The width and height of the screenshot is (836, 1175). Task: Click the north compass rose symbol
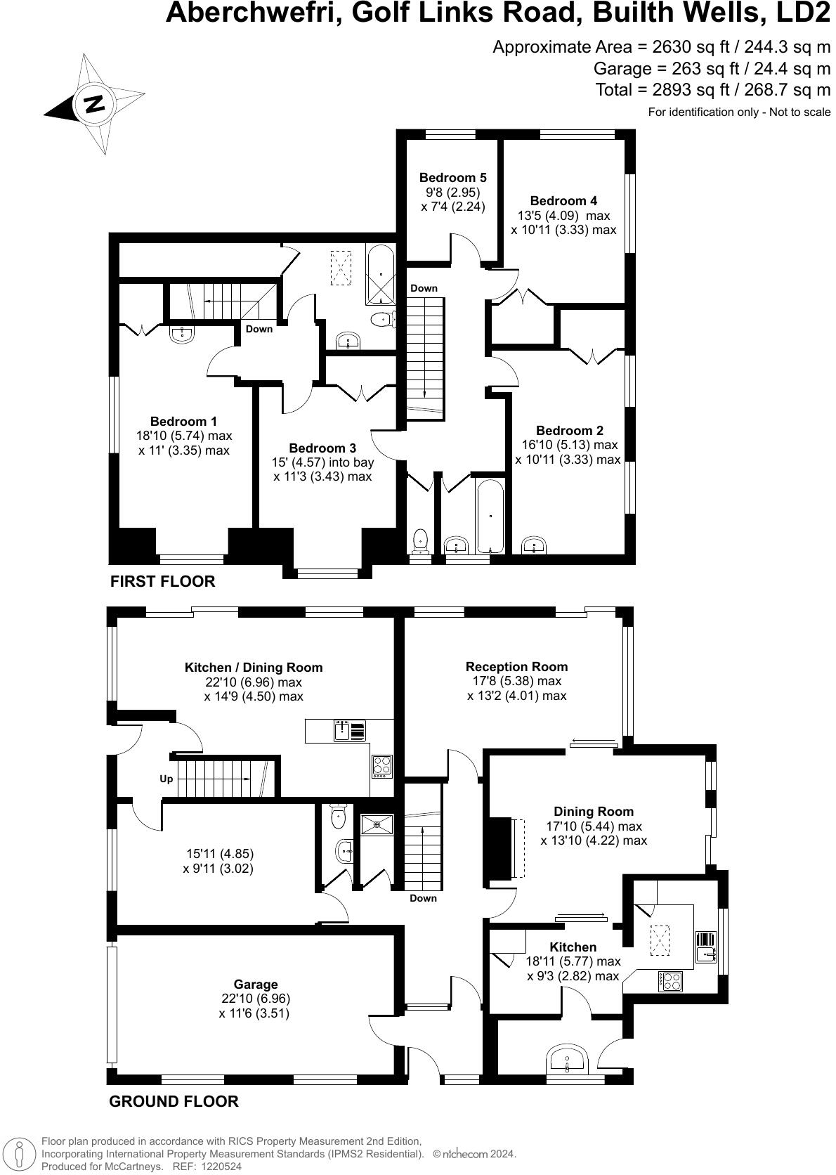tap(94, 104)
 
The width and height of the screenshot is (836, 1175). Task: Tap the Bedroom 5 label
tap(452, 178)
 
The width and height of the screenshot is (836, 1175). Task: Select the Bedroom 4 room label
tap(563, 201)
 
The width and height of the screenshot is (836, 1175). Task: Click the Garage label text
tap(256, 985)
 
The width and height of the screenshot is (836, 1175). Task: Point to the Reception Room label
tap(516, 666)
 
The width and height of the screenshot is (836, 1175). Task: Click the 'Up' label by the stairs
tap(166, 779)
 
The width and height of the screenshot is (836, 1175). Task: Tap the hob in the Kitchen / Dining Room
tap(381, 765)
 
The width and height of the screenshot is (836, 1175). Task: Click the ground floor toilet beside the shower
tap(338, 816)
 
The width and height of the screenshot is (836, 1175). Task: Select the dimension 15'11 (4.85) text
tap(220, 854)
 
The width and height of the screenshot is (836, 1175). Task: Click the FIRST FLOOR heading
tap(162, 581)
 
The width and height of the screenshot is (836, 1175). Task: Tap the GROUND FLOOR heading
tap(174, 1101)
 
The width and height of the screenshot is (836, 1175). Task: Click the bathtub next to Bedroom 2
tap(490, 517)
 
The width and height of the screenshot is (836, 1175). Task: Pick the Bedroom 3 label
tap(322, 448)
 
